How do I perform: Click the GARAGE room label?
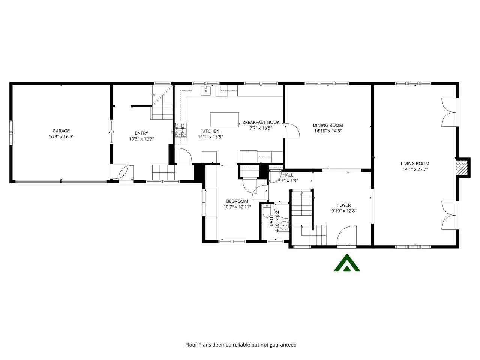click(61, 131)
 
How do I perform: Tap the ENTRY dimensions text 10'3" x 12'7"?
click(141, 139)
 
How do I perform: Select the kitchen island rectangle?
click(224, 120)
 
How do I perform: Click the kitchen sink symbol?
click(205, 90)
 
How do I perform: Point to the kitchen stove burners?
click(181, 130)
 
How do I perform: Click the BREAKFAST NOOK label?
click(261, 122)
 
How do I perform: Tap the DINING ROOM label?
click(328, 125)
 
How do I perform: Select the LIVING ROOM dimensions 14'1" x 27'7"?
click(415, 169)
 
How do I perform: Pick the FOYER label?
click(344, 205)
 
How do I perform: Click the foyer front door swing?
click(346, 236)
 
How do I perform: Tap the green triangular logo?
click(347, 262)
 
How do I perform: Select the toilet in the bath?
click(267, 211)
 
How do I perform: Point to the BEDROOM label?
click(237, 201)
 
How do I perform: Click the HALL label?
click(288, 175)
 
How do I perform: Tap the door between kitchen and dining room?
click(291, 131)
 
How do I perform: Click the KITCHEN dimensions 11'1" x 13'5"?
click(210, 137)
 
